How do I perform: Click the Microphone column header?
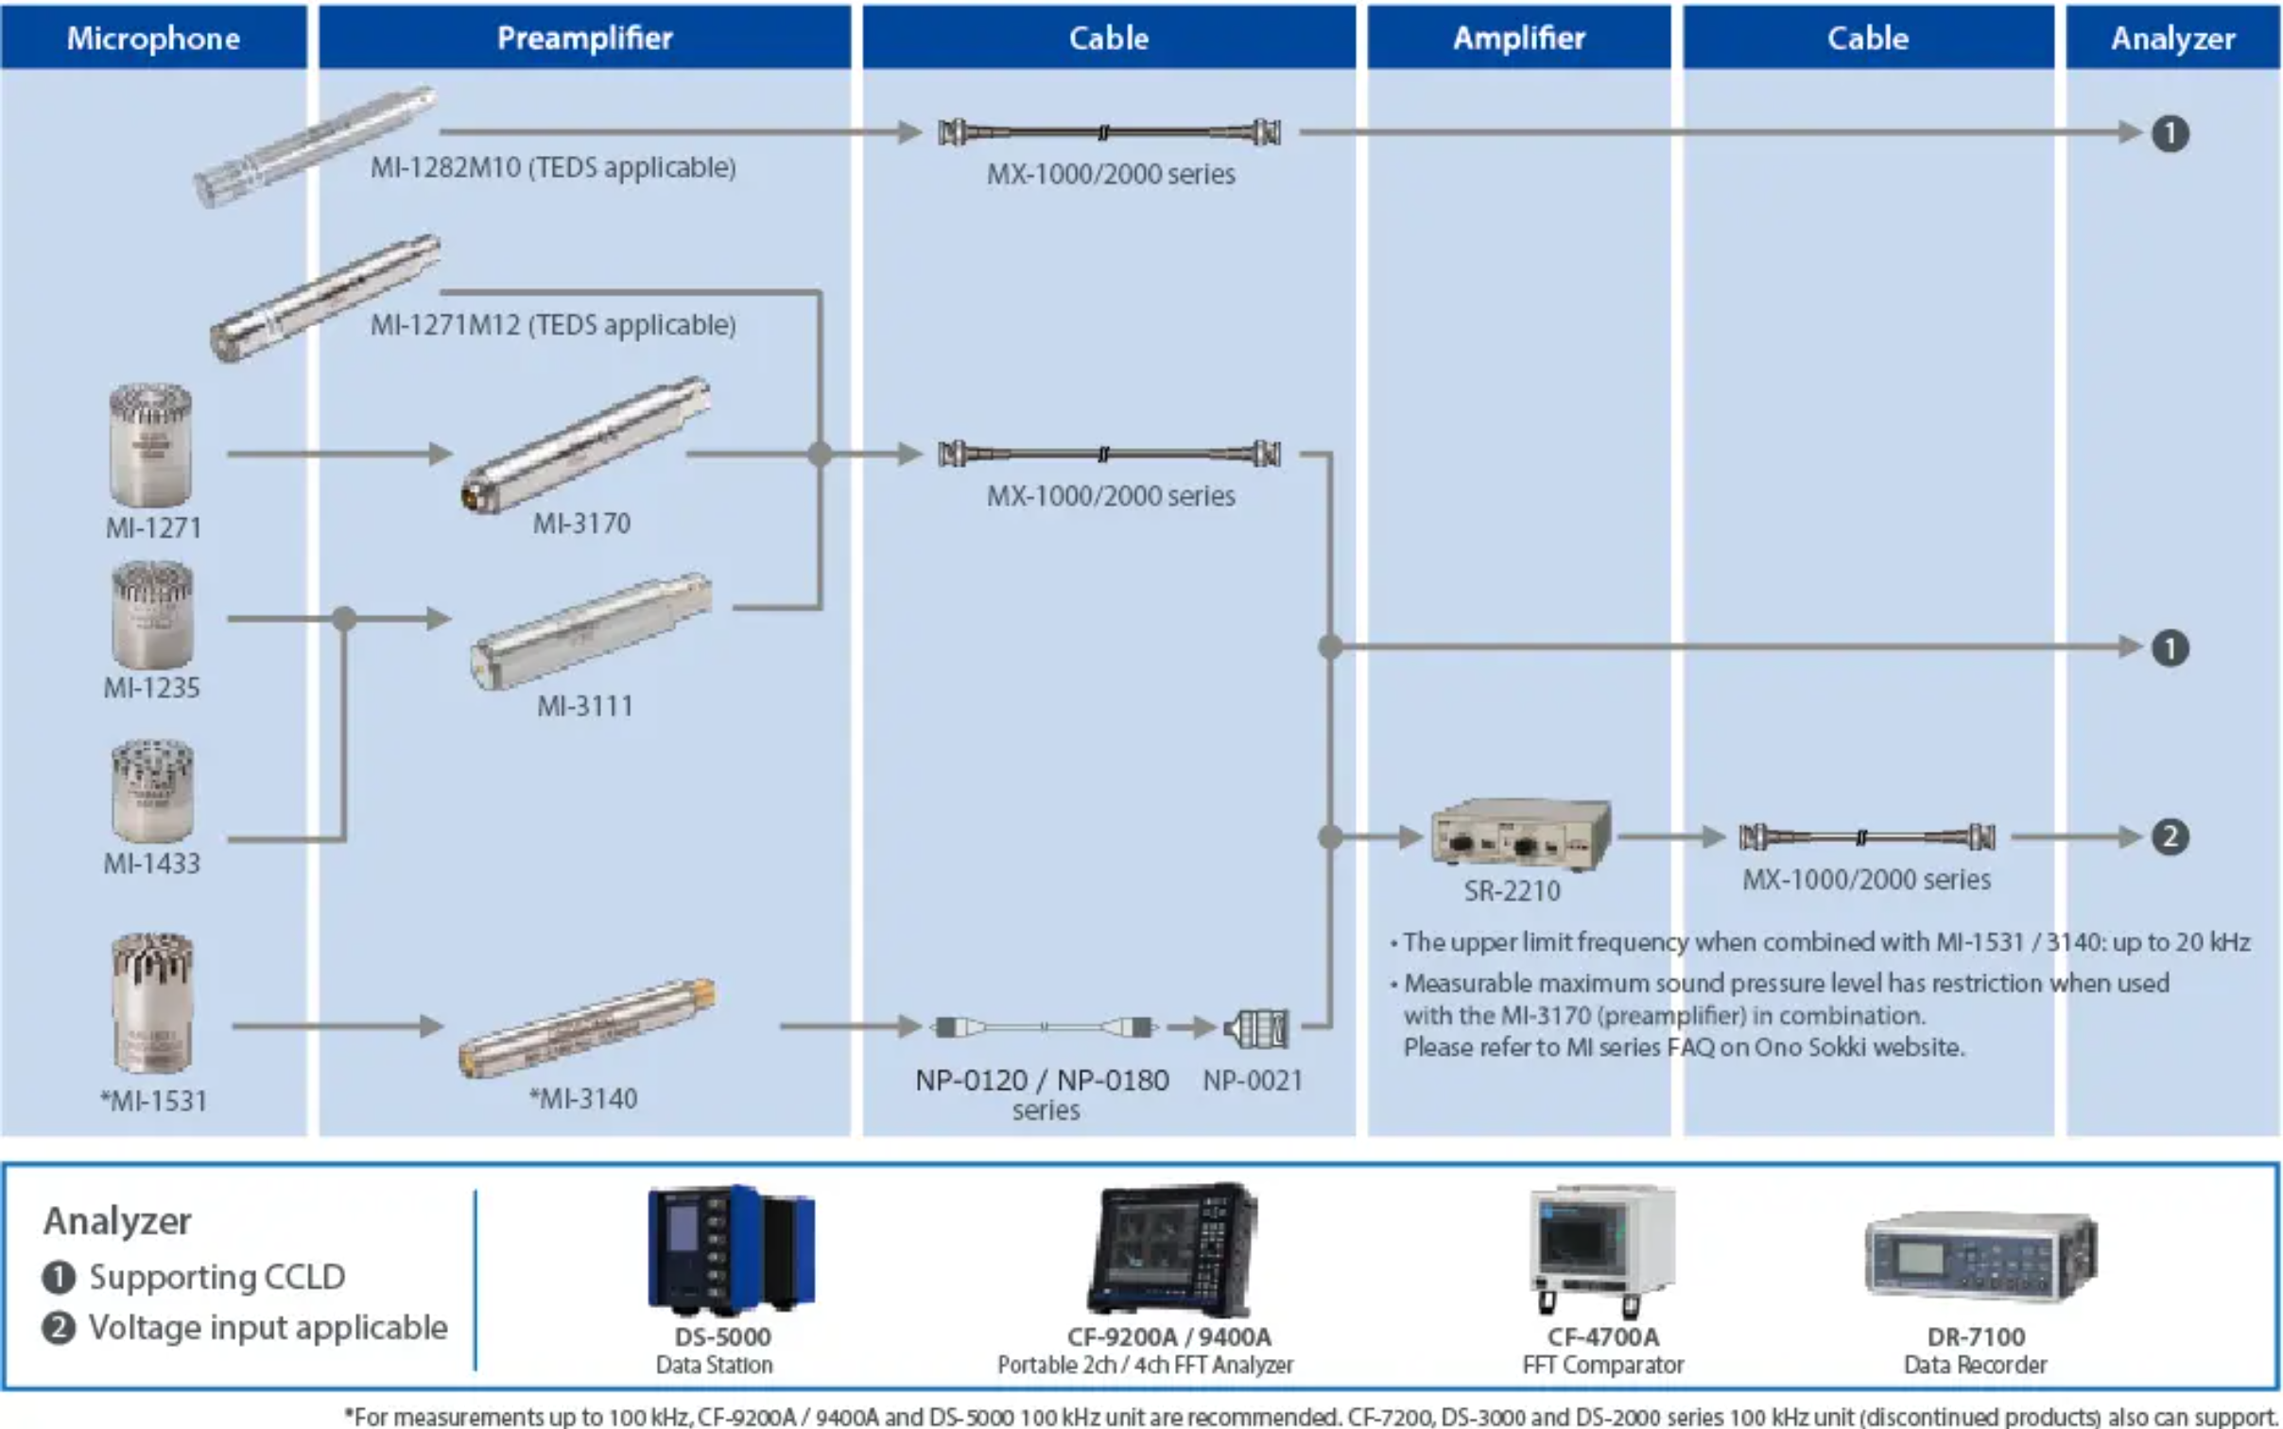click(153, 38)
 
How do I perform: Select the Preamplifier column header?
click(584, 38)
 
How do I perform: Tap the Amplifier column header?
click(1518, 38)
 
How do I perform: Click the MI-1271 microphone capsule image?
click(150, 445)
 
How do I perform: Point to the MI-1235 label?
click(152, 687)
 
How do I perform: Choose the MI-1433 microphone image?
click(152, 791)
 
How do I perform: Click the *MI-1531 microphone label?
click(153, 1100)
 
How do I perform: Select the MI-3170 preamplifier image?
click(586, 445)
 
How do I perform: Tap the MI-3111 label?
click(585, 705)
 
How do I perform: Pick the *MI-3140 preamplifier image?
click(587, 1027)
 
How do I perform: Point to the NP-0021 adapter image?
click(1256, 1027)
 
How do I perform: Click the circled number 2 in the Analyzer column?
click(2171, 836)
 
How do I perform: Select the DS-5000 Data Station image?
click(731, 1249)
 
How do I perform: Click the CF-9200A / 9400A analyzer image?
click(1172, 1249)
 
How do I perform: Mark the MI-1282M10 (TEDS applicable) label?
click(553, 167)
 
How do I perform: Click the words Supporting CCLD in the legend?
click(217, 1277)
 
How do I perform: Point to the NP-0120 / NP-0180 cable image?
click(1044, 1026)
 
